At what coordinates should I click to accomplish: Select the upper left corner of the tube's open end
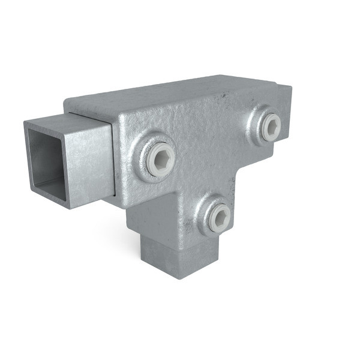[x=26, y=124]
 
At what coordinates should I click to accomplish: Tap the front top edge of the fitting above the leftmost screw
[x=150, y=112]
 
